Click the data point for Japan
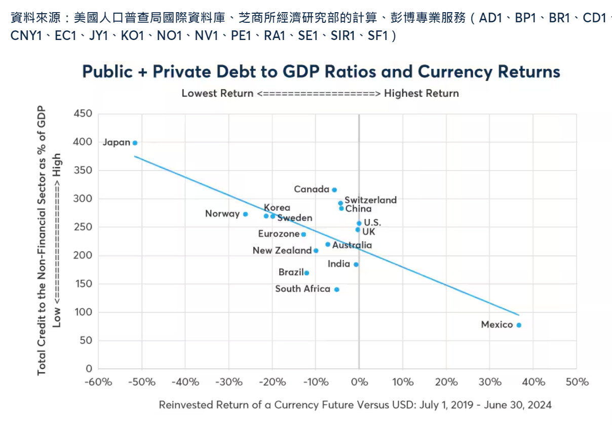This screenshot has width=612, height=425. coord(135,143)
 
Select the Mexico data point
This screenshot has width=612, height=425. coord(519,325)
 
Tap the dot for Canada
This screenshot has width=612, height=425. coord(334,190)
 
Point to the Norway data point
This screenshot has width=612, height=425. coord(245,214)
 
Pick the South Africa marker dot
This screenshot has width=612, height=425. coord(336,290)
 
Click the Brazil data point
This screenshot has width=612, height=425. coord(307,273)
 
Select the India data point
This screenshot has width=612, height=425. coord(356,264)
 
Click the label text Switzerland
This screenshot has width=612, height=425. coord(370,200)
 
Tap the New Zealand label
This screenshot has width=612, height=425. coord(282,251)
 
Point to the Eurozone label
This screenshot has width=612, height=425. coord(279,234)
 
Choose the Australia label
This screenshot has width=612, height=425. coord(352,245)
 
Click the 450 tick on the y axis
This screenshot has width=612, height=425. coord(84,114)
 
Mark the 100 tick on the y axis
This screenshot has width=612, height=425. coord(84,312)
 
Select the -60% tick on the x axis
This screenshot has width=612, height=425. coord(98,382)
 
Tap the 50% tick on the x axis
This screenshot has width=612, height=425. coord(577,382)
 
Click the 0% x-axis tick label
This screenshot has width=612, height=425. coord(359,382)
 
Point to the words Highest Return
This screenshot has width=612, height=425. coord(422,93)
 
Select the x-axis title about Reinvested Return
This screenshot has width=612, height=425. coord(355,405)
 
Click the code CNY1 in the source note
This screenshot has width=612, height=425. coord(25,36)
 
